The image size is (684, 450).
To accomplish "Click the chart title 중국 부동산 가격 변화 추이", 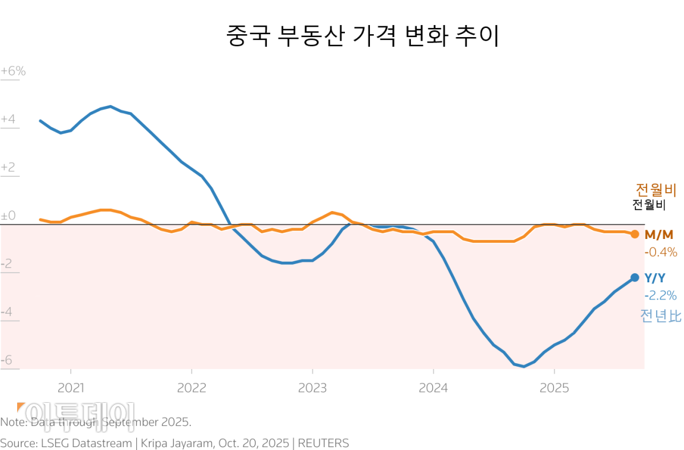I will point(362,36).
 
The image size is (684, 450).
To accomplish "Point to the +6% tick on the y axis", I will point(13,72).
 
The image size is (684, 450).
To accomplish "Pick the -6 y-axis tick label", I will point(7,360).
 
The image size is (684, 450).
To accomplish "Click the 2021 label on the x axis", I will point(71,388).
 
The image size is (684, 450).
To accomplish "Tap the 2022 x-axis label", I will point(192,388).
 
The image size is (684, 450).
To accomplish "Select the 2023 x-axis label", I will point(312,388).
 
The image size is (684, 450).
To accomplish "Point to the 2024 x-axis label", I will point(433,388).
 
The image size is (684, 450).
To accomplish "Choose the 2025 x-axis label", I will point(554,388).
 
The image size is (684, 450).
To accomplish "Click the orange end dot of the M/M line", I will point(634,234).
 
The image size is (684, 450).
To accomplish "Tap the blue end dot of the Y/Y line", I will point(634,278).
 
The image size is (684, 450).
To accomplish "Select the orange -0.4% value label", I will point(661,252).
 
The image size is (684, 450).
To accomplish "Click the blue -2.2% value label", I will point(661,295).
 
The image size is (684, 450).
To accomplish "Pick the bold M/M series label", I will point(659,234).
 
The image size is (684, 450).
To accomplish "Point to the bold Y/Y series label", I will point(655,278).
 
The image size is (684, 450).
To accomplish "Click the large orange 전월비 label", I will point(655,190).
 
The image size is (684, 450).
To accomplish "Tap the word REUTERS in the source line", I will point(324,443).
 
